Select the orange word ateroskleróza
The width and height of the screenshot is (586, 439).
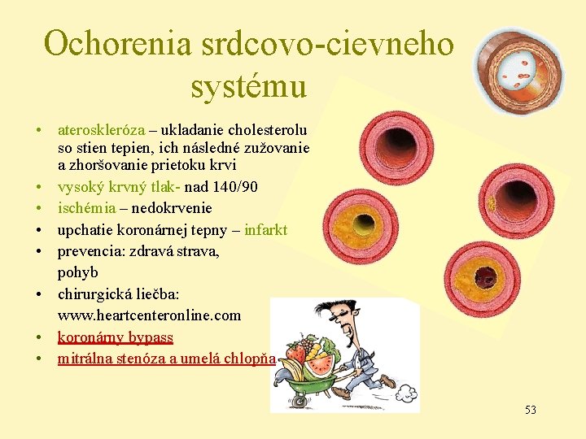[x=101, y=130]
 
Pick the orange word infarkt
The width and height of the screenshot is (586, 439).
[x=265, y=230]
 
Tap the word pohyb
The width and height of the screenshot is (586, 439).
[x=77, y=272]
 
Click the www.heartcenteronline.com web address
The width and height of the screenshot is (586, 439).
[x=149, y=315]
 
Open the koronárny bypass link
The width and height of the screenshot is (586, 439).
[x=115, y=337]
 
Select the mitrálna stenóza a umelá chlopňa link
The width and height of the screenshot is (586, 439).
[x=166, y=359]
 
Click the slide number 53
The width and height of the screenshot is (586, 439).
[x=530, y=410]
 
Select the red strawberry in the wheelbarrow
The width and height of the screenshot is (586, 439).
[x=295, y=354]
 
